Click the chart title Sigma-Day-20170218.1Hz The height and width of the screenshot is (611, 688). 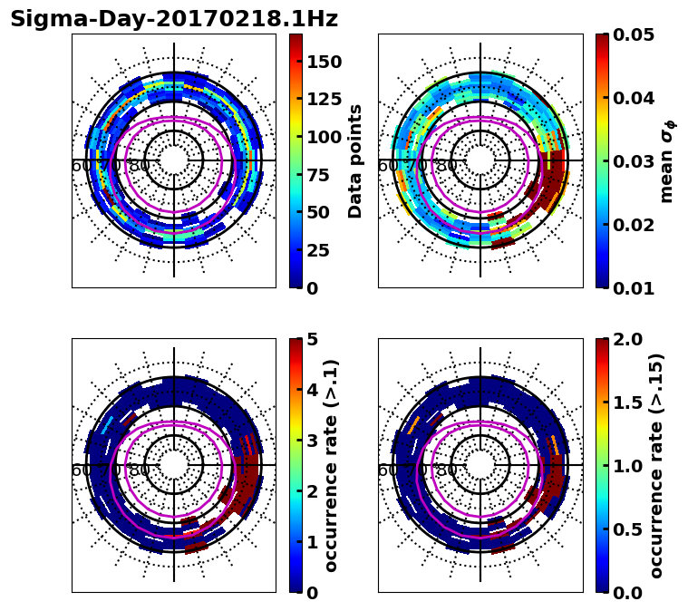click(174, 20)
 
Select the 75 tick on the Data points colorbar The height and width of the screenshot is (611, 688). click(319, 175)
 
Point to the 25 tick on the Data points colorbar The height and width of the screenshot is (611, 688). click(319, 250)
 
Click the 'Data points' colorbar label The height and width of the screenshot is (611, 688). click(355, 160)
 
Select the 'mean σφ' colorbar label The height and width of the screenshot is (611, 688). click(666, 160)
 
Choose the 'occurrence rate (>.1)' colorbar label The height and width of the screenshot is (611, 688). click(331, 465)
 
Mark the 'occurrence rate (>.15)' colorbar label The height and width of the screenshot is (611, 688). click(655, 465)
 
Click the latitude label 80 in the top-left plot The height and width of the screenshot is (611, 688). click(140, 166)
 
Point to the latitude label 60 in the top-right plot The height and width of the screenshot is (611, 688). click(387, 166)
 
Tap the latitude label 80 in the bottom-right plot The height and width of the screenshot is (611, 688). click(446, 470)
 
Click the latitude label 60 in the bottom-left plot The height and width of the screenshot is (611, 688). click(81, 470)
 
